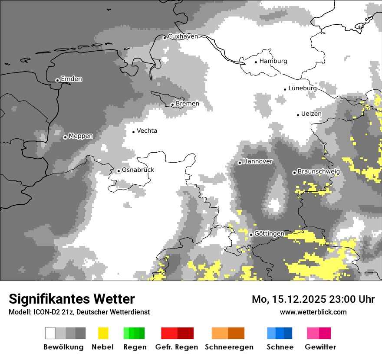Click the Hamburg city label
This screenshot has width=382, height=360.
(273, 61)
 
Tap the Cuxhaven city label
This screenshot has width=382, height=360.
(183, 36)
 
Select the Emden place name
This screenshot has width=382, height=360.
(71, 79)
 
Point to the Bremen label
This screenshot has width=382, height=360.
(188, 104)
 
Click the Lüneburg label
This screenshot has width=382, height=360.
(303, 88)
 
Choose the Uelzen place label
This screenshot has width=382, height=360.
(311, 114)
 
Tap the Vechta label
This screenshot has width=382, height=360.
(147, 131)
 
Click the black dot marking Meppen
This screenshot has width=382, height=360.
(65, 137)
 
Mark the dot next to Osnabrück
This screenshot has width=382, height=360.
(119, 171)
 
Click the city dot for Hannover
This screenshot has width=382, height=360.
(240, 163)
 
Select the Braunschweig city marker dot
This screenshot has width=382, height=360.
(294, 173)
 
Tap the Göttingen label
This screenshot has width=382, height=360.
(269, 234)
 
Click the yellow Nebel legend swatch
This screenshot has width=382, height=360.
(103, 333)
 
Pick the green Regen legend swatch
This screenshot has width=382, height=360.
(134, 333)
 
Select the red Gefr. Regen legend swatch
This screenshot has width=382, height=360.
(177, 333)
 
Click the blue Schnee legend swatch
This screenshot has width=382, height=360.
(280, 333)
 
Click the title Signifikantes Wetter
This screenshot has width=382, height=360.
(72, 299)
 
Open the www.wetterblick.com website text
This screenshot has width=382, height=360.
(313, 312)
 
